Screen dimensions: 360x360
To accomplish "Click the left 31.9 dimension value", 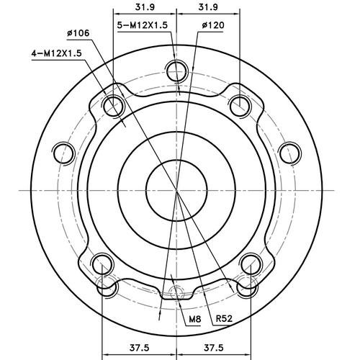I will [x=145, y=7].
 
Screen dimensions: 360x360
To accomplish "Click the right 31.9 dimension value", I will [x=208, y=7].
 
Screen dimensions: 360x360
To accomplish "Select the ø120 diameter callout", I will [x=214, y=25].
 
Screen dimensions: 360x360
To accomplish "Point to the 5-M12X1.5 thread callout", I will [x=143, y=25].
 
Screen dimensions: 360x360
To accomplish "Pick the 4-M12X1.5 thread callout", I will [x=55, y=53].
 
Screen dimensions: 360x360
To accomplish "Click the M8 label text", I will [x=194, y=318].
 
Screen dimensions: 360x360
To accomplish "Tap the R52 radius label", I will [x=224, y=318].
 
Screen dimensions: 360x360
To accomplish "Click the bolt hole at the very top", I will [x=176, y=71].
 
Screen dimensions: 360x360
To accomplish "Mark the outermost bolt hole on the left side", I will [x=64, y=153].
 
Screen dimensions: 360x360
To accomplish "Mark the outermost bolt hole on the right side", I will [x=289, y=153].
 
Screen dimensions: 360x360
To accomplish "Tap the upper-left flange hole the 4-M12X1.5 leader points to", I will [x=112, y=107].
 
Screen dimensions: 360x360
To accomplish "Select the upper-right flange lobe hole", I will [x=240, y=107].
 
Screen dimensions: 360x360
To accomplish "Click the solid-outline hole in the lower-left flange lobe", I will [x=103, y=264].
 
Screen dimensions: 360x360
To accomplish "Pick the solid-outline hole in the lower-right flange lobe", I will [x=251, y=264].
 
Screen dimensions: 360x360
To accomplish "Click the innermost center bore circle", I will [x=176, y=189].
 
